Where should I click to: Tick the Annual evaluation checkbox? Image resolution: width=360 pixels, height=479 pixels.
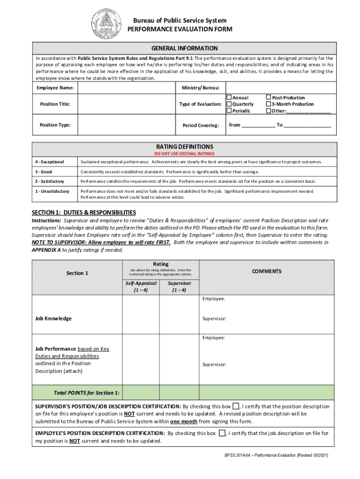(x=229, y=98)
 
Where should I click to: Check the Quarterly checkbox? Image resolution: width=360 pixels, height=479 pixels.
(x=229, y=104)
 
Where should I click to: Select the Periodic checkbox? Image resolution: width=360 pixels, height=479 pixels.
(x=229, y=111)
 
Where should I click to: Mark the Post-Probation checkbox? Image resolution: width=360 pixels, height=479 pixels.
(x=268, y=98)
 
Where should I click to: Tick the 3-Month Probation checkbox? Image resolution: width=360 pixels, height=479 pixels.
(x=268, y=104)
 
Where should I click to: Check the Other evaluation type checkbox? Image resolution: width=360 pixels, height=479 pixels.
(x=268, y=111)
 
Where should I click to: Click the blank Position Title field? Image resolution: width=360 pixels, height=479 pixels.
(x=126, y=104)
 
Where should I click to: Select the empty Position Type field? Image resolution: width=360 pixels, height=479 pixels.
(x=126, y=125)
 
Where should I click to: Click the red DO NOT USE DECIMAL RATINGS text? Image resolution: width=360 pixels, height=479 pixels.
(x=184, y=153)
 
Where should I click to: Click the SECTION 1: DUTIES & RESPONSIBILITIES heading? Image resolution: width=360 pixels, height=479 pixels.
(x=84, y=212)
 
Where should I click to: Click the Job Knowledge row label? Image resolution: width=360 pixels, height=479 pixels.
(x=54, y=319)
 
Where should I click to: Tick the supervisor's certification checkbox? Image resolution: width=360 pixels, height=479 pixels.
(x=236, y=406)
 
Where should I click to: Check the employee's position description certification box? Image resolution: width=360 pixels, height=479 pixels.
(x=222, y=433)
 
